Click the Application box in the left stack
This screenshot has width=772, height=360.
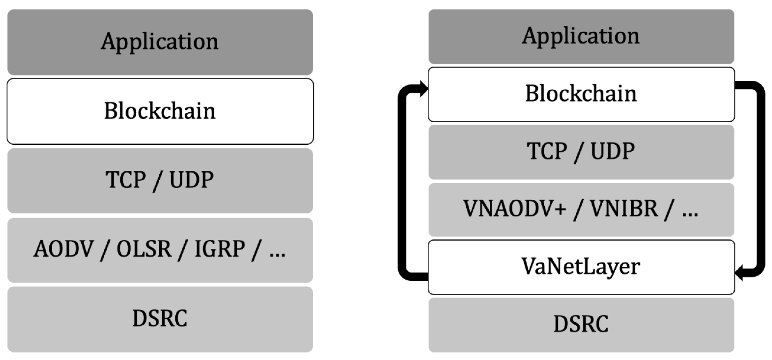point(160,42)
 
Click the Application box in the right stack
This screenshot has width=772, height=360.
point(581,36)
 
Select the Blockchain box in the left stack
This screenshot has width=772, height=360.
point(160,111)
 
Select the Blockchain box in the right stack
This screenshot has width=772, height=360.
point(581,94)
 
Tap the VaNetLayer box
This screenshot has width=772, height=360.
point(581,267)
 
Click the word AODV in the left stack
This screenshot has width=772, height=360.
point(64,249)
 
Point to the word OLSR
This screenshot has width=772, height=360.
point(144,249)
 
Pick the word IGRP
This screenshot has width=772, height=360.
point(220,249)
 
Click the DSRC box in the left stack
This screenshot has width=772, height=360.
point(160,319)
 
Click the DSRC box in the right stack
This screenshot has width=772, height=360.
point(581,324)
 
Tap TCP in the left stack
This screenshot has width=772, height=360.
point(126,180)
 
